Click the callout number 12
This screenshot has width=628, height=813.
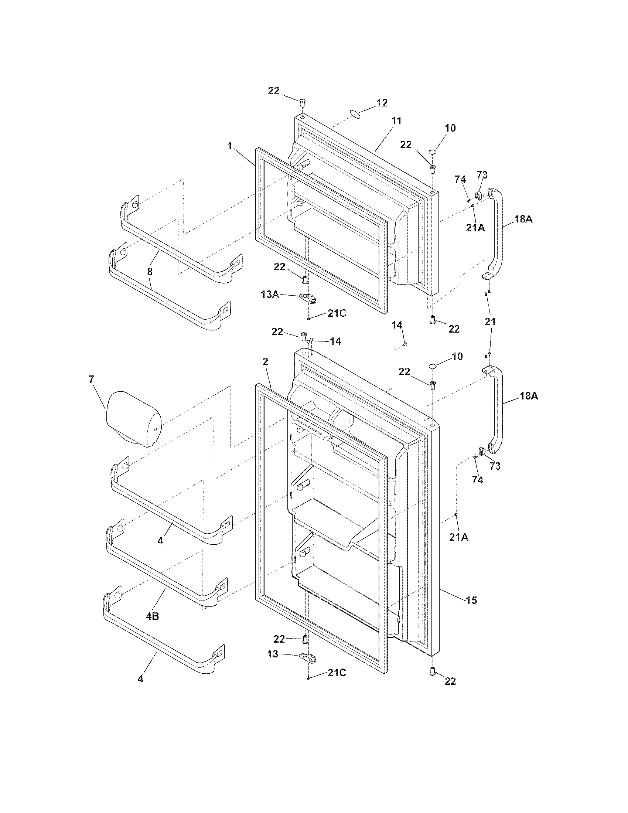pos(382,103)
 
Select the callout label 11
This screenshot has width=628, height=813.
pos(396,120)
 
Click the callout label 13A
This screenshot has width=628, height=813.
pos(270,294)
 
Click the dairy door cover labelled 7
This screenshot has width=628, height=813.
pos(133,418)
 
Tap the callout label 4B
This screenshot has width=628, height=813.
pos(152,616)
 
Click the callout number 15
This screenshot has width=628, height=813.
pos(471,600)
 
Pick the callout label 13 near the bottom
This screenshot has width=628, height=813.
pos(273,654)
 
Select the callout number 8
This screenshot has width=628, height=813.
pos(150,271)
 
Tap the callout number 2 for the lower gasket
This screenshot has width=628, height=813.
pos(265,361)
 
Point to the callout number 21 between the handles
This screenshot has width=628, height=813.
pos(490,321)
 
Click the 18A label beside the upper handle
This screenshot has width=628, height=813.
pos(523,219)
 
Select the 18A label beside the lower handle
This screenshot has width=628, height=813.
pos(529,396)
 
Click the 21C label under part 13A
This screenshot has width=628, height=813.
pos(337,313)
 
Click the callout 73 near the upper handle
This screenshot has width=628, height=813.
pos(482,174)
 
